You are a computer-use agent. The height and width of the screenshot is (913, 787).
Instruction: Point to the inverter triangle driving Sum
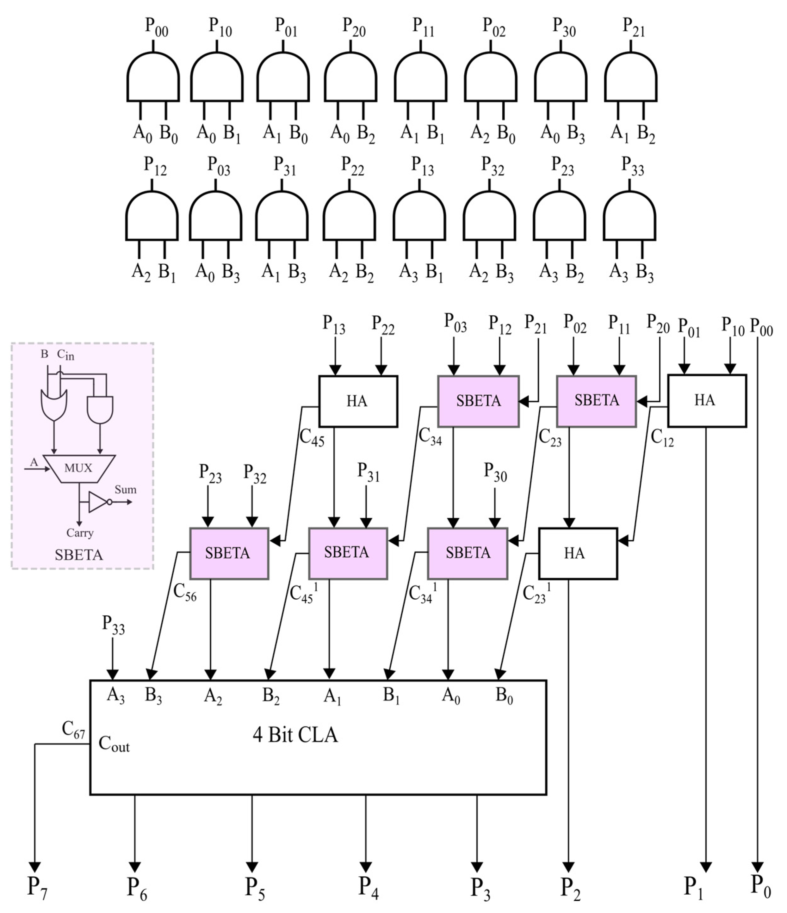[98, 502]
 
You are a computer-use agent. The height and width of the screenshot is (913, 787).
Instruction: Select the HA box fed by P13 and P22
[358, 401]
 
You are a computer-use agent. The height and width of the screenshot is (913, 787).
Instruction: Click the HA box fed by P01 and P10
[707, 400]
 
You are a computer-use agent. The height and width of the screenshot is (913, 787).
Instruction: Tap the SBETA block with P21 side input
[478, 401]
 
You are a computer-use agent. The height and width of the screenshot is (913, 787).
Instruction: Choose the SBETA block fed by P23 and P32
[229, 553]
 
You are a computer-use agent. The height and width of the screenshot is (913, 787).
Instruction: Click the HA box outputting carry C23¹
[578, 553]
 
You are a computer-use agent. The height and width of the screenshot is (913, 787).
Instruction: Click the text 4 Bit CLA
[295, 735]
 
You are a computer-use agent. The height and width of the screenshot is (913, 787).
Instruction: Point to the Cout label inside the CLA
[114, 744]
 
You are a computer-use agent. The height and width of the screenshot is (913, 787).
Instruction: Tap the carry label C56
[185, 593]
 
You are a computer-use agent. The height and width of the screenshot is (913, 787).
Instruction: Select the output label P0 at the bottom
[760, 885]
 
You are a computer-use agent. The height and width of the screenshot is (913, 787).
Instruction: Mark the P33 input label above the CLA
[113, 625]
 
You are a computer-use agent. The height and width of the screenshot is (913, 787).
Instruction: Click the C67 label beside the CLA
[73, 729]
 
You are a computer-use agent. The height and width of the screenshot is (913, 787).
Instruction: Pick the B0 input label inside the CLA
[504, 696]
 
